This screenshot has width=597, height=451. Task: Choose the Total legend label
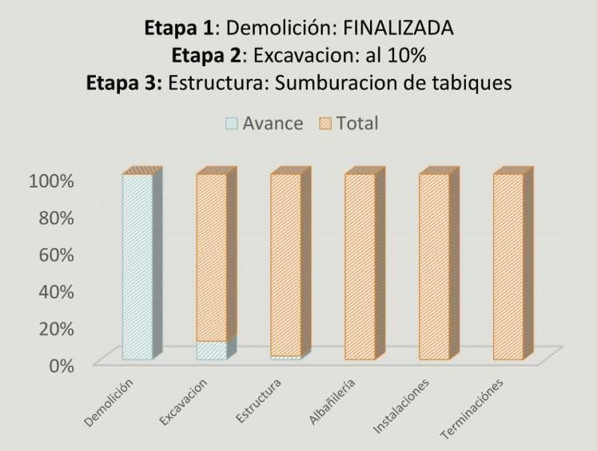(x=357, y=124)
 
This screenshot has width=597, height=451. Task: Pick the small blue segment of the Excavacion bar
(x=211, y=350)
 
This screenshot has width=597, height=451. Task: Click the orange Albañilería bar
(x=360, y=267)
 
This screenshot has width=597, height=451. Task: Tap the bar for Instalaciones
(x=434, y=267)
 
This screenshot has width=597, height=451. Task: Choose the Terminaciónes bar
(x=508, y=267)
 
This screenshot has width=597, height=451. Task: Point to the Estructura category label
(x=259, y=402)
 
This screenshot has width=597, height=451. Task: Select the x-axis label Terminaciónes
(x=478, y=409)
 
